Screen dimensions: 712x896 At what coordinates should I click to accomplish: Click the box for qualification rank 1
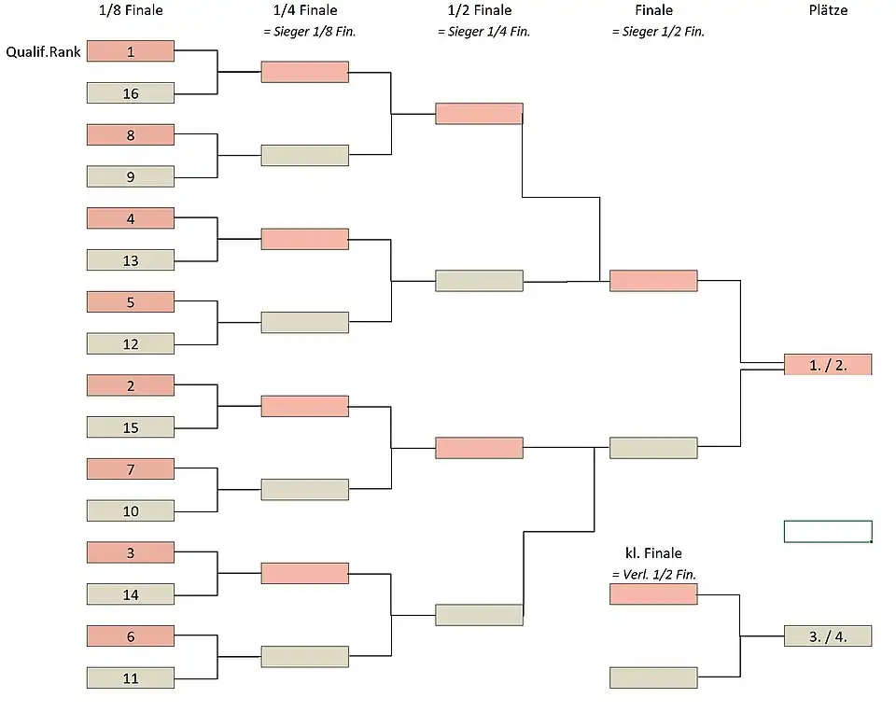pyautogui.click(x=131, y=51)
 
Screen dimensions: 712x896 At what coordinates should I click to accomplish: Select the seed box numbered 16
pyautogui.click(x=131, y=93)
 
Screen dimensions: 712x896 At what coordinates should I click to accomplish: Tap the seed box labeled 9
pyautogui.click(x=131, y=176)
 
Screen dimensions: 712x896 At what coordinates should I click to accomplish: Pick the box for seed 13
pyautogui.click(x=131, y=260)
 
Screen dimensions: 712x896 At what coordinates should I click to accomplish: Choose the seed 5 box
pyautogui.click(x=131, y=302)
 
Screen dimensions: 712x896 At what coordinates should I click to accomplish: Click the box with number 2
pyautogui.click(x=131, y=385)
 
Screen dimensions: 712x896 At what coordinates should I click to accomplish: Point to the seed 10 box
pyautogui.click(x=131, y=511)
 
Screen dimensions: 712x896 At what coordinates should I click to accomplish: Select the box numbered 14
pyautogui.click(x=131, y=594)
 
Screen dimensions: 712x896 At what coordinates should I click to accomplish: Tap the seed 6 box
pyautogui.click(x=131, y=636)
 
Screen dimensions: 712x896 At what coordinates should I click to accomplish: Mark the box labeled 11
pyautogui.click(x=131, y=678)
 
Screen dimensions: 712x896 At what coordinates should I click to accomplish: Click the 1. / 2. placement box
pyautogui.click(x=828, y=365)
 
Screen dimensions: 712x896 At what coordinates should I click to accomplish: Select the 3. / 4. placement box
pyautogui.click(x=828, y=636)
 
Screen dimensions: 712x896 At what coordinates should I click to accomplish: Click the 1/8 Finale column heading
pyautogui.click(x=131, y=11)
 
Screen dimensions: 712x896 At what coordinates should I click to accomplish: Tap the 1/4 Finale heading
pyautogui.click(x=305, y=11)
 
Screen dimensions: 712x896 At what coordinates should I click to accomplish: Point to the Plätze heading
pyautogui.click(x=828, y=11)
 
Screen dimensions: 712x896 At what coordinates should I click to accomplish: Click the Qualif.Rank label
pyautogui.click(x=44, y=52)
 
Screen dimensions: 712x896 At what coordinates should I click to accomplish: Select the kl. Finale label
pyautogui.click(x=653, y=553)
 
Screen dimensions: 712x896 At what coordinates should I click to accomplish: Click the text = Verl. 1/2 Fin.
pyautogui.click(x=653, y=574)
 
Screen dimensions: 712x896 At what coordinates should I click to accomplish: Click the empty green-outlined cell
pyautogui.click(x=828, y=531)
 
